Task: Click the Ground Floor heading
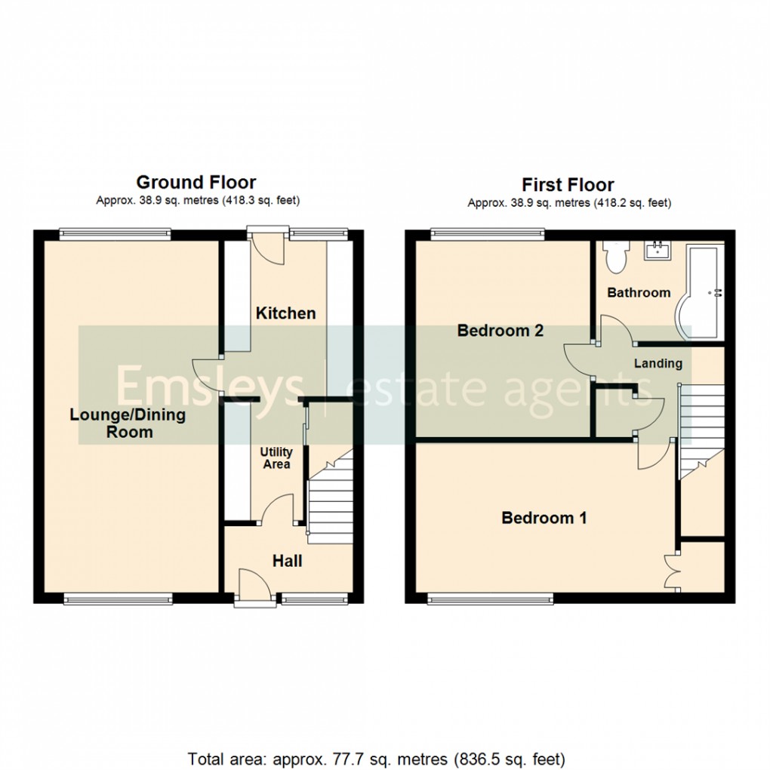click(196, 182)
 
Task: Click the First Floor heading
click(568, 185)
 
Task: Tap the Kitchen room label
click(285, 313)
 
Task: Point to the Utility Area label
click(276, 458)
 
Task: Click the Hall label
click(288, 561)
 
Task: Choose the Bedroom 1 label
click(544, 518)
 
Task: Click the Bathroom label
click(639, 293)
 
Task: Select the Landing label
click(658, 363)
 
